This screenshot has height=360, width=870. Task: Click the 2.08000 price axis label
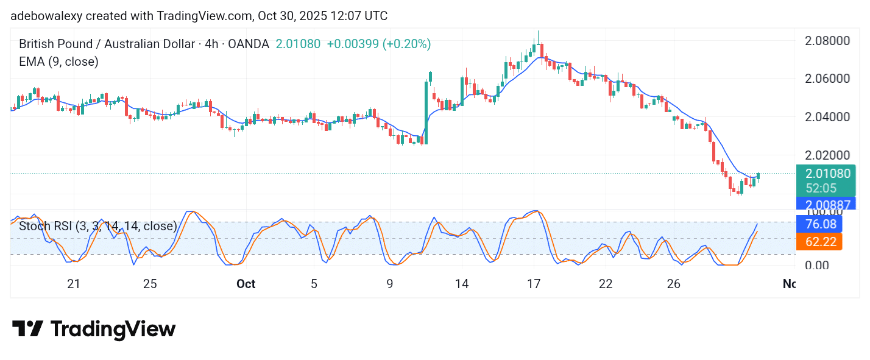click(x=827, y=41)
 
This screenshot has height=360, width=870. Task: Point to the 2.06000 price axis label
click(x=827, y=79)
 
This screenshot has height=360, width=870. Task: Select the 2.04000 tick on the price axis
click(x=827, y=117)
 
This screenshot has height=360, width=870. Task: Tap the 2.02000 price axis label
click(x=827, y=155)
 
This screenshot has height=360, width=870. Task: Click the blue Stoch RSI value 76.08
click(x=819, y=224)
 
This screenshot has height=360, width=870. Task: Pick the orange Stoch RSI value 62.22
click(x=819, y=241)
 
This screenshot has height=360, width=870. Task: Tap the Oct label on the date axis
click(x=246, y=284)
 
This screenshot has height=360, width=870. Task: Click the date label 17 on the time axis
click(x=534, y=284)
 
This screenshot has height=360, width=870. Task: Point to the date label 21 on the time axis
click(x=74, y=284)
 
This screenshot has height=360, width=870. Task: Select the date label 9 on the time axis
click(x=389, y=284)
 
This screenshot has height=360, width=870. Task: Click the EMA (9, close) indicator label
click(x=58, y=62)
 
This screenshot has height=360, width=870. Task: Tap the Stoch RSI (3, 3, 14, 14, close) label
click(x=98, y=227)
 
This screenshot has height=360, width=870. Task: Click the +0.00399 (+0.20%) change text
click(x=378, y=44)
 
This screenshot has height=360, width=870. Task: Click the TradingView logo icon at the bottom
click(x=27, y=330)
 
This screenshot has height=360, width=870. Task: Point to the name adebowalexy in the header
click(x=46, y=16)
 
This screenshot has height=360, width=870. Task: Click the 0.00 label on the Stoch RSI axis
click(x=818, y=266)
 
